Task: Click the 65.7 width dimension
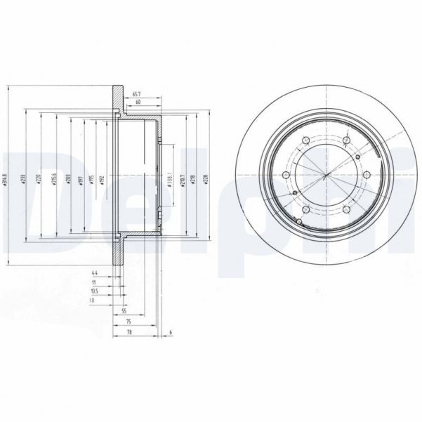click(138, 93)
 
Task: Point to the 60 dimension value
click(138, 103)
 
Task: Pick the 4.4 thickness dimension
click(93, 272)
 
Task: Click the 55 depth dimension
click(124, 310)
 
